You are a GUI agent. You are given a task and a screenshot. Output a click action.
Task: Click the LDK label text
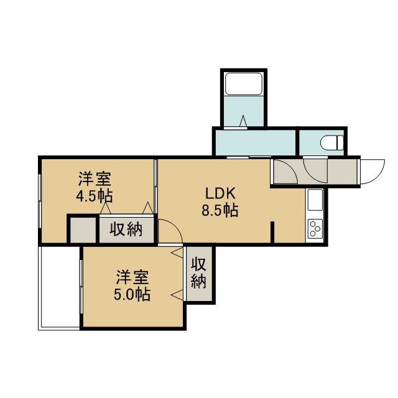[x=220, y=194]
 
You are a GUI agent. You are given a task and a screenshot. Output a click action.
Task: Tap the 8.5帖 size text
[x=220, y=210]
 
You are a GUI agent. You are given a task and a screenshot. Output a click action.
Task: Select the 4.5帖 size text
[x=95, y=196]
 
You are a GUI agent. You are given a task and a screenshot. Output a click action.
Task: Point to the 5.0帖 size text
[x=132, y=294]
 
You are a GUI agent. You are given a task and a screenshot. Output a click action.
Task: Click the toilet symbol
[x=331, y=143]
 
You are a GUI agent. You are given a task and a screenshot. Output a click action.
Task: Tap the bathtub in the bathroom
[x=244, y=84]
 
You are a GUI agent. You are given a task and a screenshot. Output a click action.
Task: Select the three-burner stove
[x=315, y=229]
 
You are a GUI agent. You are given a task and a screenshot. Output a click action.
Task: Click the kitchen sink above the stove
[x=315, y=200]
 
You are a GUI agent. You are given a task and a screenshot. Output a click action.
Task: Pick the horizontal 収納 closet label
[x=126, y=229]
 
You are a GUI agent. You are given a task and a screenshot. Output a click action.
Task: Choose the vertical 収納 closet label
[x=198, y=273]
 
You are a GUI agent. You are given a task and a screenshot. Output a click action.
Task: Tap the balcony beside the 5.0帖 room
[x=59, y=288]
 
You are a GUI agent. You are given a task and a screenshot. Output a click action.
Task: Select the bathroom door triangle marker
[x=243, y=121]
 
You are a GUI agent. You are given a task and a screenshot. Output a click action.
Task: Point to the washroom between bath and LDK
[x=256, y=142]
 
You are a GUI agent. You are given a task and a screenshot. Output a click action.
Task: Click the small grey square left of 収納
[x=83, y=230]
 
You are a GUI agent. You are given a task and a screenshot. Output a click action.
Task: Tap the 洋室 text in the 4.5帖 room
[x=95, y=179]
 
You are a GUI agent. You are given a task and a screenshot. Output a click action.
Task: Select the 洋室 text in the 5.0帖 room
[x=132, y=277]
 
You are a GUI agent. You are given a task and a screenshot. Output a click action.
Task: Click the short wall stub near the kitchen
[x=272, y=232]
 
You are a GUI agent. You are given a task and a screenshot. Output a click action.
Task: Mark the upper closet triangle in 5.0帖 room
[x=177, y=253]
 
